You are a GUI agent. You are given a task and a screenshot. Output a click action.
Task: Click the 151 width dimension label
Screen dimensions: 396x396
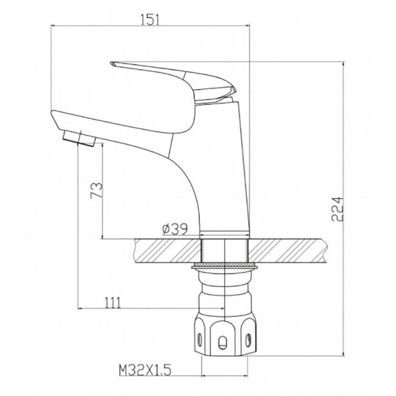[x=150, y=20]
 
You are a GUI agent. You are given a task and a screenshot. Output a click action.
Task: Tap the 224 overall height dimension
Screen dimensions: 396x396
[x=338, y=209]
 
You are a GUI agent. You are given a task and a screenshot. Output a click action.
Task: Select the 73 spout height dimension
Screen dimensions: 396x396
[x=97, y=191]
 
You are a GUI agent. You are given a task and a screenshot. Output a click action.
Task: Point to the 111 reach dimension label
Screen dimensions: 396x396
[x=113, y=302]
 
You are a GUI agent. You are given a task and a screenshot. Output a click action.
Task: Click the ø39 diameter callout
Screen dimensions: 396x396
[x=175, y=229]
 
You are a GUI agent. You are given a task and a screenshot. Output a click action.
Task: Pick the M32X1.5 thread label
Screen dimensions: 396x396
[x=145, y=370]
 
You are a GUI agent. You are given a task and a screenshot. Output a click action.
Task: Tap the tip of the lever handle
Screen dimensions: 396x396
[x=111, y=63]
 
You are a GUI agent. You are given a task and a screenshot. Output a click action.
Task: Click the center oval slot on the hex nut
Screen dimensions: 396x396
[x=222, y=343]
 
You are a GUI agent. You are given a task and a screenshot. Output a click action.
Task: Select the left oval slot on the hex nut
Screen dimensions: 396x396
[x=200, y=340]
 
